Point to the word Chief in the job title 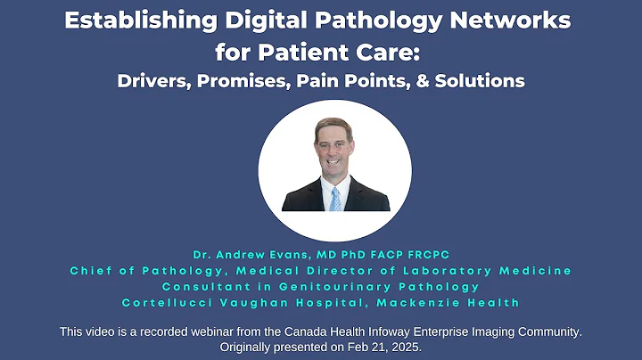[x=93, y=270]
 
